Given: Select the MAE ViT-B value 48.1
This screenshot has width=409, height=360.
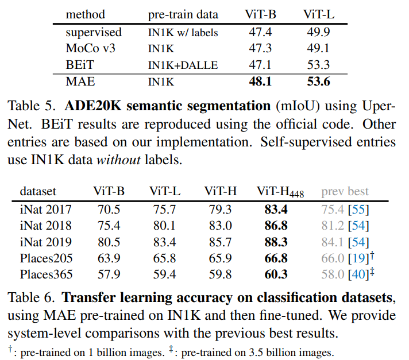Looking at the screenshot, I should [261, 82].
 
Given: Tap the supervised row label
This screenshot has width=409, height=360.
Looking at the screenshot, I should [94, 33].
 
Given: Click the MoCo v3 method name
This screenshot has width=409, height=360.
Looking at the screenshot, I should [90, 49].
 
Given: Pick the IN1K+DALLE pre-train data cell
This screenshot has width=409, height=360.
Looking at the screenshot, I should [183, 65].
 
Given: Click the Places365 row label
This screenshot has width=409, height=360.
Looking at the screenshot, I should [46, 274].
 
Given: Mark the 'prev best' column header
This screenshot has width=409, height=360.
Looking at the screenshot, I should [345, 191].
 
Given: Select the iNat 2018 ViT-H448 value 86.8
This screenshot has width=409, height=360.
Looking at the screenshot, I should [276, 226].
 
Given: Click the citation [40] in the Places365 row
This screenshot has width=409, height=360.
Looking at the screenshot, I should [357, 274].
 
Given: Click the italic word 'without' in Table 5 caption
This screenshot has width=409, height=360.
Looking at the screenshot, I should [119, 160].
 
